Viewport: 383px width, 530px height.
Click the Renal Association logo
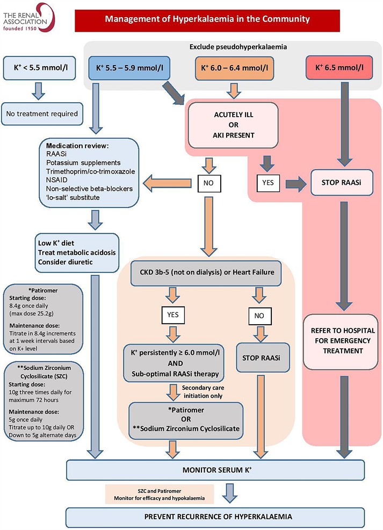click(27, 18)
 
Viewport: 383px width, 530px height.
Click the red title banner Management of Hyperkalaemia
click(207, 19)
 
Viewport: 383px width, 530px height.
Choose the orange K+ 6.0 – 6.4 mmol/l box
click(233, 68)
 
